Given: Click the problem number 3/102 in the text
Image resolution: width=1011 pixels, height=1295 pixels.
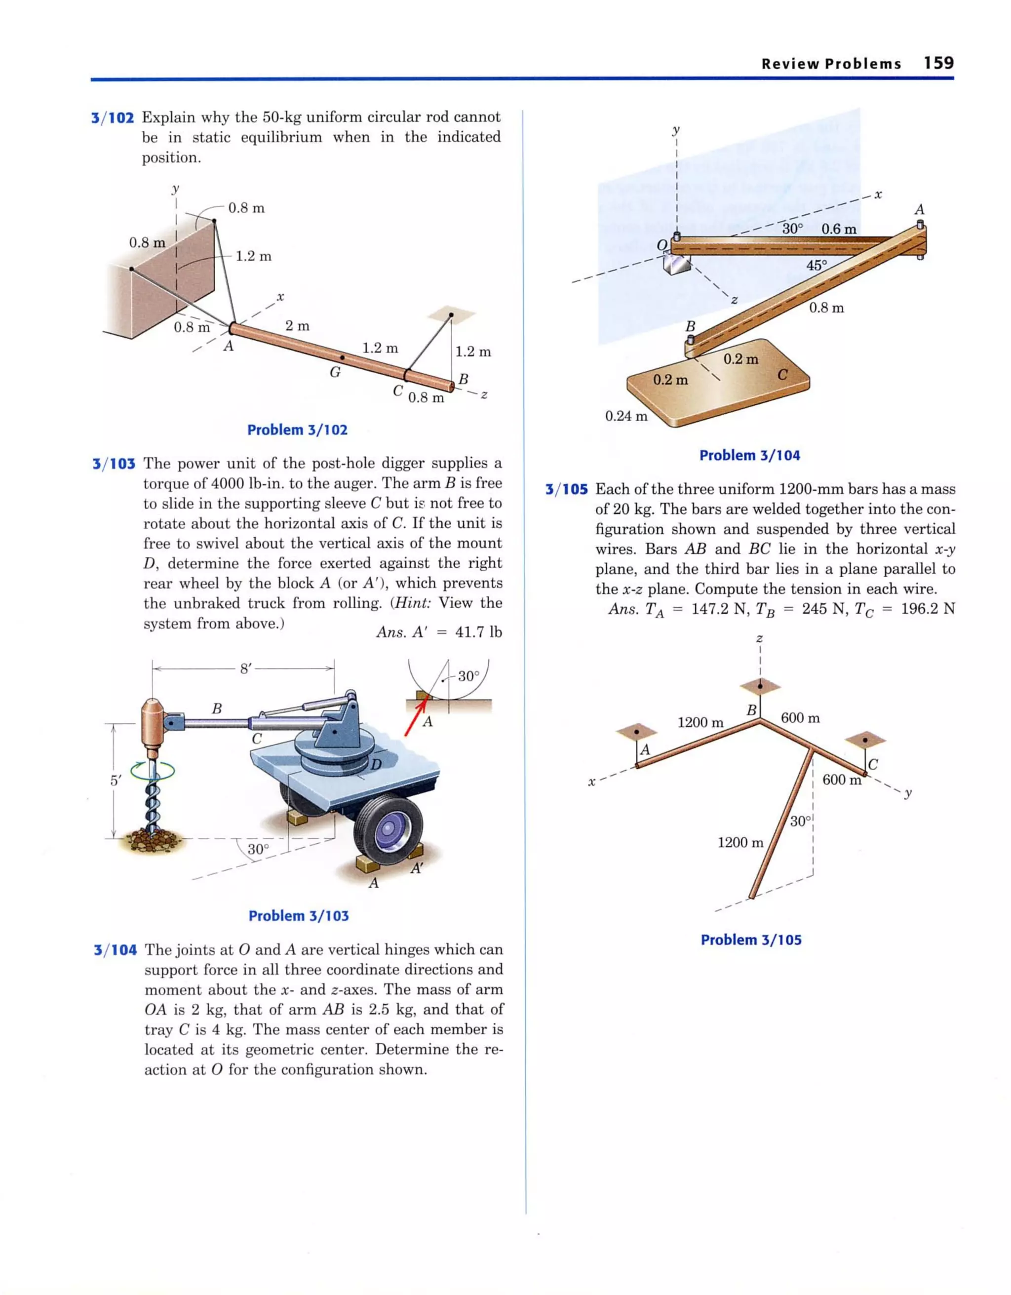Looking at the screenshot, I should pos(113,118).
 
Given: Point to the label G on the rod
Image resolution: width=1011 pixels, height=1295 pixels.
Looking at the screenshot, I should pos(335,372).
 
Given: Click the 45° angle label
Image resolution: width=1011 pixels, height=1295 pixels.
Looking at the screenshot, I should pos(816,265).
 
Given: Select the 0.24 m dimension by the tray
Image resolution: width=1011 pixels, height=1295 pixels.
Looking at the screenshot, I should pos(626,416).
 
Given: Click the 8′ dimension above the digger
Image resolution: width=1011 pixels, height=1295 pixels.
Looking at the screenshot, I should pos(245,669).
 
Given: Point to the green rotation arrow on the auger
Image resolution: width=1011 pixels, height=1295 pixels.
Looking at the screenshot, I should pos(153,771).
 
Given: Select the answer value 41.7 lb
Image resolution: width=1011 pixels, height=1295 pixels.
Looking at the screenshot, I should pos(478,632).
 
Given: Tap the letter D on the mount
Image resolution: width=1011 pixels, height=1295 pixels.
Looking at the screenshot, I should pos(376,765).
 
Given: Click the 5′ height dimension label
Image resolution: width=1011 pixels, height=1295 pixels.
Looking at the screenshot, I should pos(115,781).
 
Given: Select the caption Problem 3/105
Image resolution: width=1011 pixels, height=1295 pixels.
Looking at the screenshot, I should pos(751,940).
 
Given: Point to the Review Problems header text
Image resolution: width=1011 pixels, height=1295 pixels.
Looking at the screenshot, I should pos(831,64).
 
